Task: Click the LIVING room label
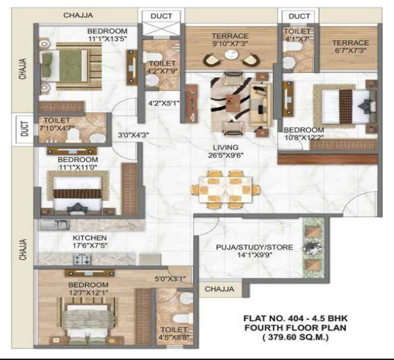[227, 147]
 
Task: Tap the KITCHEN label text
[90, 237]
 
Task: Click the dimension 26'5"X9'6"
[227, 156]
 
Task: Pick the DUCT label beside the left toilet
[24, 130]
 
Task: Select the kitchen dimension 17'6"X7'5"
[90, 245]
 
